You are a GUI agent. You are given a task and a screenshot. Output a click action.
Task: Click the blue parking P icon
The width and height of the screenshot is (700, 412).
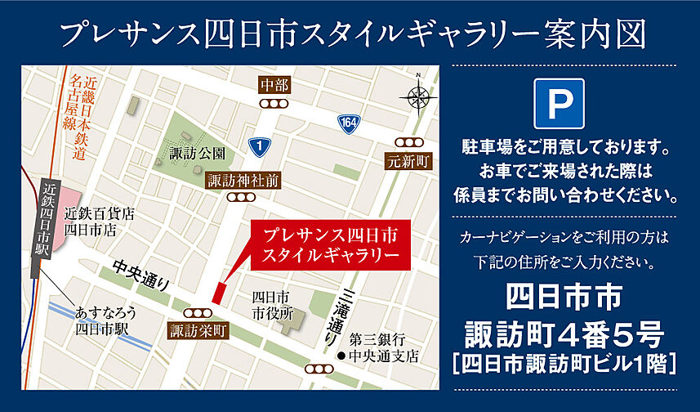click(x=559, y=103)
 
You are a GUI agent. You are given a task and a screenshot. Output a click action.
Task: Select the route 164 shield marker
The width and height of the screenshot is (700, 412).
click(x=349, y=123)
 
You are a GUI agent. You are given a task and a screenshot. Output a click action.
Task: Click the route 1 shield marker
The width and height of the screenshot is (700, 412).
click(x=260, y=147)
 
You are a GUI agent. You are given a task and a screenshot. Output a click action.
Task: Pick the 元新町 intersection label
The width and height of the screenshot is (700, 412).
click(x=408, y=159)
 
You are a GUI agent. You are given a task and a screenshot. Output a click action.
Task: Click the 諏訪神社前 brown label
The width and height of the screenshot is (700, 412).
click(x=243, y=179)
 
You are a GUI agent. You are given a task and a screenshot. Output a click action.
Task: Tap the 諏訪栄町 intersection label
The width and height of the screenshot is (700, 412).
click(x=198, y=331)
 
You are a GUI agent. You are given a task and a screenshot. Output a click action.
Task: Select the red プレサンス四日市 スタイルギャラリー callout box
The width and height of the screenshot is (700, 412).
click(x=330, y=244)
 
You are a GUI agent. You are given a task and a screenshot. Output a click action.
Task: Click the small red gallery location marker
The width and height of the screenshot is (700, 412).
click(x=218, y=291)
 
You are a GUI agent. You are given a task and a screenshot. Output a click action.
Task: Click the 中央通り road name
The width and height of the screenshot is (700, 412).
click(x=140, y=275)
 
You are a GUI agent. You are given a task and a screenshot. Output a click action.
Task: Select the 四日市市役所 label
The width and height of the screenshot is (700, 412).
click(x=272, y=303)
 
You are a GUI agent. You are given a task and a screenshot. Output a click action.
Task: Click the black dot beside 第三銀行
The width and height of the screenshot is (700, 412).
click(x=340, y=356)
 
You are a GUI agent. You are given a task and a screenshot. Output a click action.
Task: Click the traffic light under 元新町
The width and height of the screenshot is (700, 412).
click(x=406, y=141)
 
